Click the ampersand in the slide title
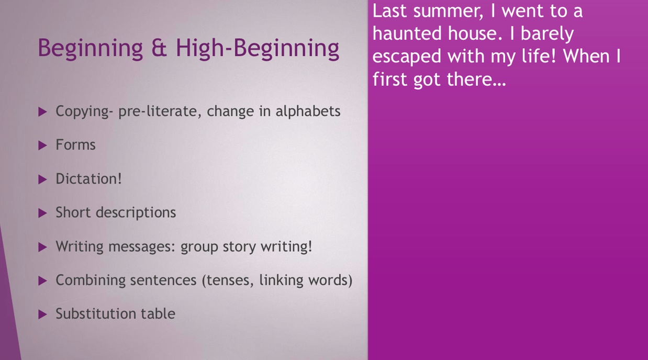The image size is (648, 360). point(159,48)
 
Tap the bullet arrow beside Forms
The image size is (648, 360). point(42,145)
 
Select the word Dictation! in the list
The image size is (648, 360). point(88,179)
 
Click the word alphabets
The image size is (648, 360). point(308,111)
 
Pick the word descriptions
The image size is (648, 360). point(136,213)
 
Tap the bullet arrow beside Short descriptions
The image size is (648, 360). point(42,213)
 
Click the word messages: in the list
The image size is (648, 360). point(142,247)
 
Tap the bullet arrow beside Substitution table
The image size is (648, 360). point(42,314)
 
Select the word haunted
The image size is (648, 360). point(407,33)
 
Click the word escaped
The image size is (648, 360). point(407,57)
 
